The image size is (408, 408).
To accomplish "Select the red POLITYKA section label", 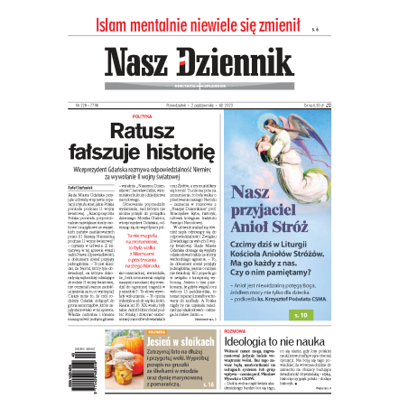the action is [x=143, y=117].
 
